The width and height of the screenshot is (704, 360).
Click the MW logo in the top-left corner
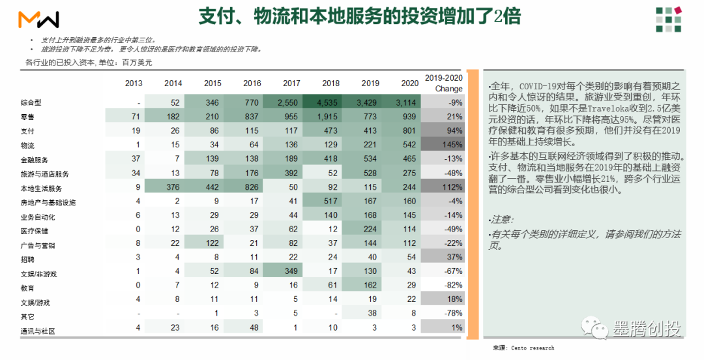pyautogui.click(x=38, y=20)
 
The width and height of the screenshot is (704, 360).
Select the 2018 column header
pyautogui.click(x=331, y=83)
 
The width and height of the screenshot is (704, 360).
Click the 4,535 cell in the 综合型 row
pyautogui.click(x=327, y=102)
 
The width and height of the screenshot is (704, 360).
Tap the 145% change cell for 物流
pyautogui.click(x=452, y=145)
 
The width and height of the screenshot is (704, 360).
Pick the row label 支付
pyautogui.click(x=27, y=131)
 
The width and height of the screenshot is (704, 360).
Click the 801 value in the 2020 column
pyautogui.click(x=409, y=131)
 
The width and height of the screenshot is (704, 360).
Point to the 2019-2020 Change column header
pyautogui.click(x=444, y=83)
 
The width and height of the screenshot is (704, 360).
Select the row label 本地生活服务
pyautogui.click(x=41, y=188)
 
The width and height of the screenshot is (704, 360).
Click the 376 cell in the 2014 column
pyautogui.click(x=173, y=187)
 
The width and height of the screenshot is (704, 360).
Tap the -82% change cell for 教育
pyautogui.click(x=453, y=285)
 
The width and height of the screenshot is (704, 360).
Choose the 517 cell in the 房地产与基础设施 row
pyautogui.click(x=330, y=201)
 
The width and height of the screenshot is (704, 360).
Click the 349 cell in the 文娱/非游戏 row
pyautogui.click(x=291, y=271)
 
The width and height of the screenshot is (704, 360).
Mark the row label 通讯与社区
pyautogui.click(x=38, y=331)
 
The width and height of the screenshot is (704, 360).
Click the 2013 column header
pyautogui.click(x=134, y=83)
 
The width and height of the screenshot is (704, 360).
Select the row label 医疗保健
pyautogui.click(x=34, y=231)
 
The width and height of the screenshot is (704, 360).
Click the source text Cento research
pyautogui.click(x=533, y=348)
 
